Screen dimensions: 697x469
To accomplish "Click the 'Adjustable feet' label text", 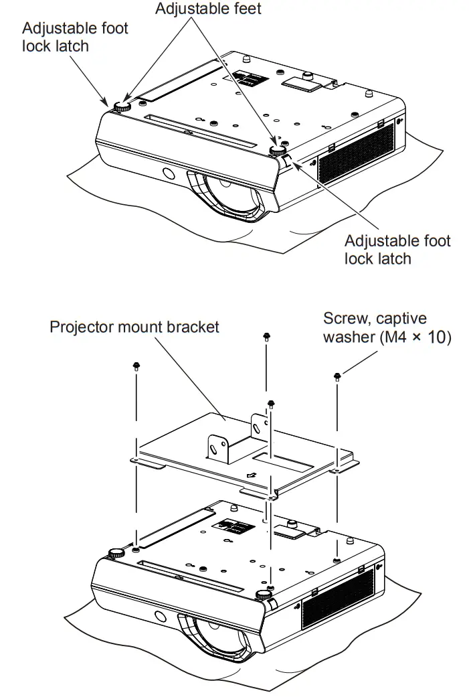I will [x=208, y=9].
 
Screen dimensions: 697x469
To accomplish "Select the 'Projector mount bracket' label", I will [x=134, y=327].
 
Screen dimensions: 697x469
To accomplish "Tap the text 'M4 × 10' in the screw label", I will [x=415, y=337].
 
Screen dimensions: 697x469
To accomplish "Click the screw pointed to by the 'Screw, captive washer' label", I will [x=336, y=376].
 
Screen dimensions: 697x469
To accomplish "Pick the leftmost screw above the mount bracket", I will [x=136, y=366].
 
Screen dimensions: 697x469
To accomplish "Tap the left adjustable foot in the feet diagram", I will [x=122, y=106].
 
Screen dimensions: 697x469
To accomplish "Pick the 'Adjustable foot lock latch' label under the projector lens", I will [x=397, y=249].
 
